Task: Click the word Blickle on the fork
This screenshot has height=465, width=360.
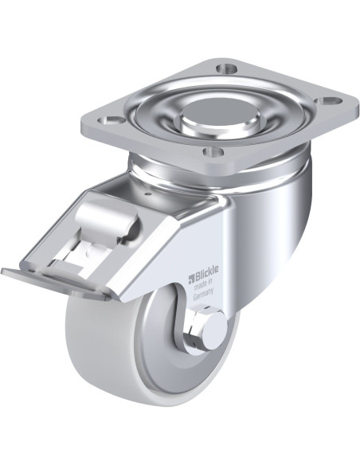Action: coord(206,271)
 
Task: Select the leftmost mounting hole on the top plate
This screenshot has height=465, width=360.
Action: coord(112,121)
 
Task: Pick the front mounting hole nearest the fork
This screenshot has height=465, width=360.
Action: coord(213,152)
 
